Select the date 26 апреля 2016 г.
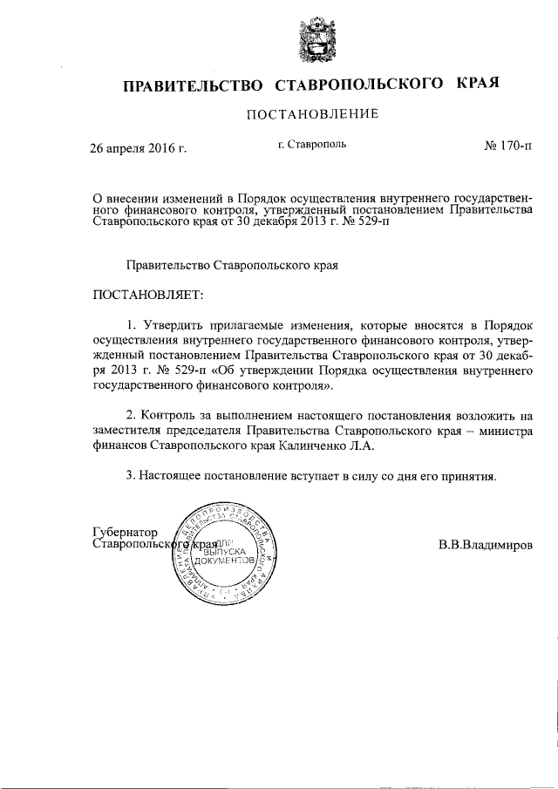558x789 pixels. (139, 148)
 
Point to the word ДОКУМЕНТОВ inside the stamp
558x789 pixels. (226, 567)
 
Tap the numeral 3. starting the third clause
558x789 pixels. (132, 477)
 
